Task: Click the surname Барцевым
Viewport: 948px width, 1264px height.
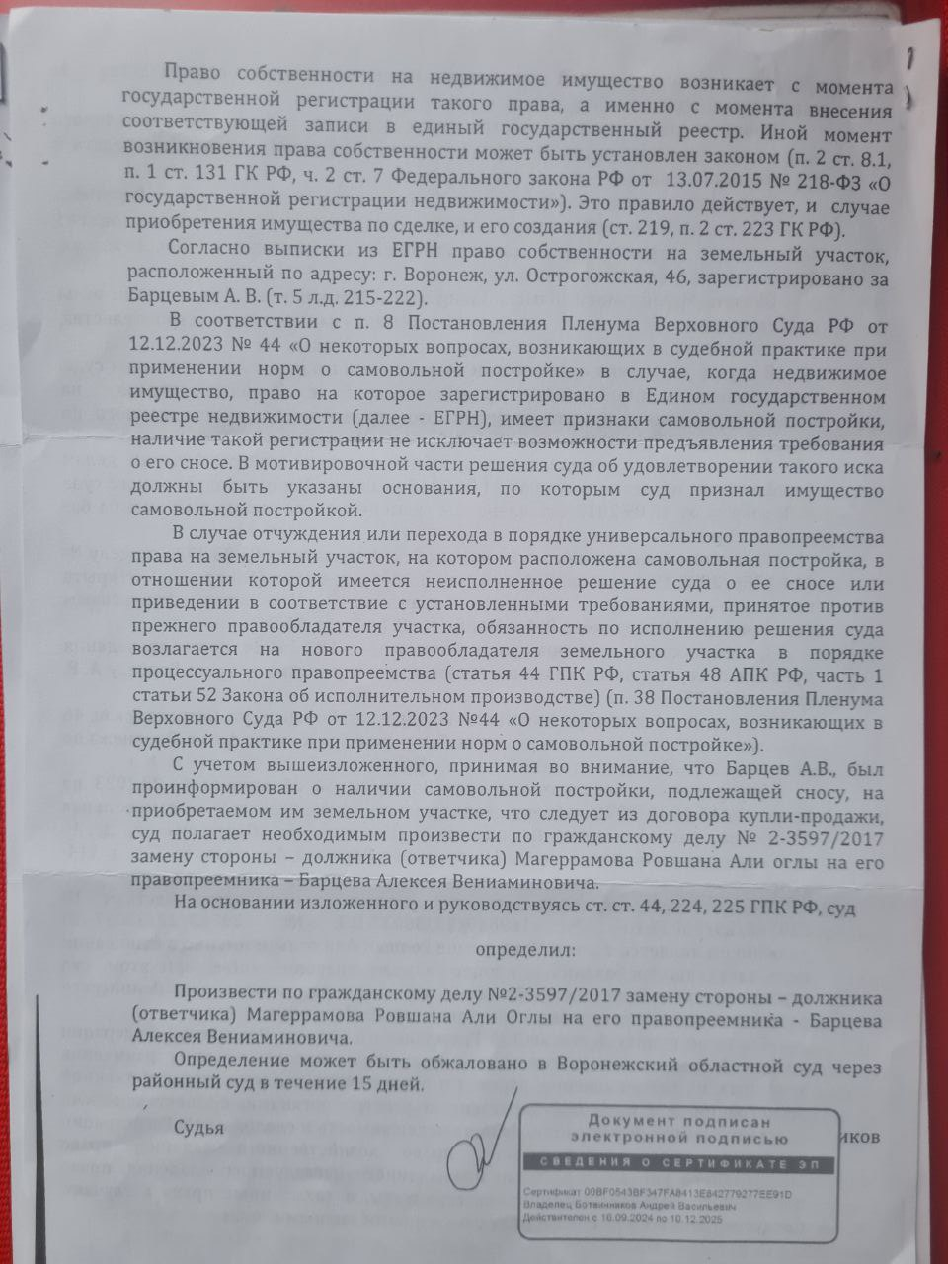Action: click(168, 297)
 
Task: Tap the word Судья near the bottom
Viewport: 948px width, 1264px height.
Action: click(199, 1127)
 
